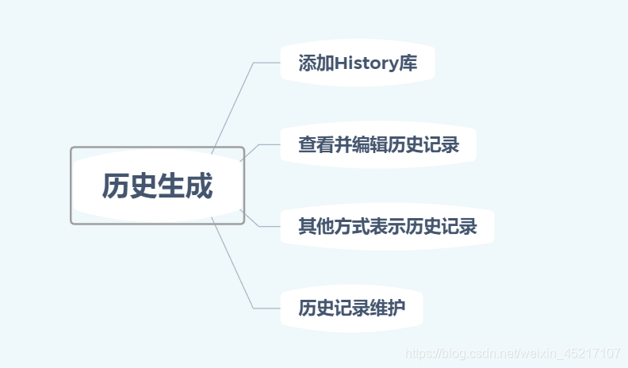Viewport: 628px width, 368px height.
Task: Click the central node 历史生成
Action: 157,186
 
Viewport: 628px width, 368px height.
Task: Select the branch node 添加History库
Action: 357,63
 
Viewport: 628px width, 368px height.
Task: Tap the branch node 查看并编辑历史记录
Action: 377,145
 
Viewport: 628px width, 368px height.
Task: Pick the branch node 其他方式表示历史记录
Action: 387,228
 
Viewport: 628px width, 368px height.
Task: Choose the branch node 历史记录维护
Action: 351,309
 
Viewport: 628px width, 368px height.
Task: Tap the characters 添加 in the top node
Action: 316,63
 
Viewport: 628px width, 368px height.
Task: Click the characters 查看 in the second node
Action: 316,145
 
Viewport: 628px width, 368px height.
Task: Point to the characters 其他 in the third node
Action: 316,228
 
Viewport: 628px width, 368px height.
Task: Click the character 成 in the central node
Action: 199,186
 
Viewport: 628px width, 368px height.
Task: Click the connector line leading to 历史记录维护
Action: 235,266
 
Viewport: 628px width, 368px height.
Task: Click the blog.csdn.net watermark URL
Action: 511,352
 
